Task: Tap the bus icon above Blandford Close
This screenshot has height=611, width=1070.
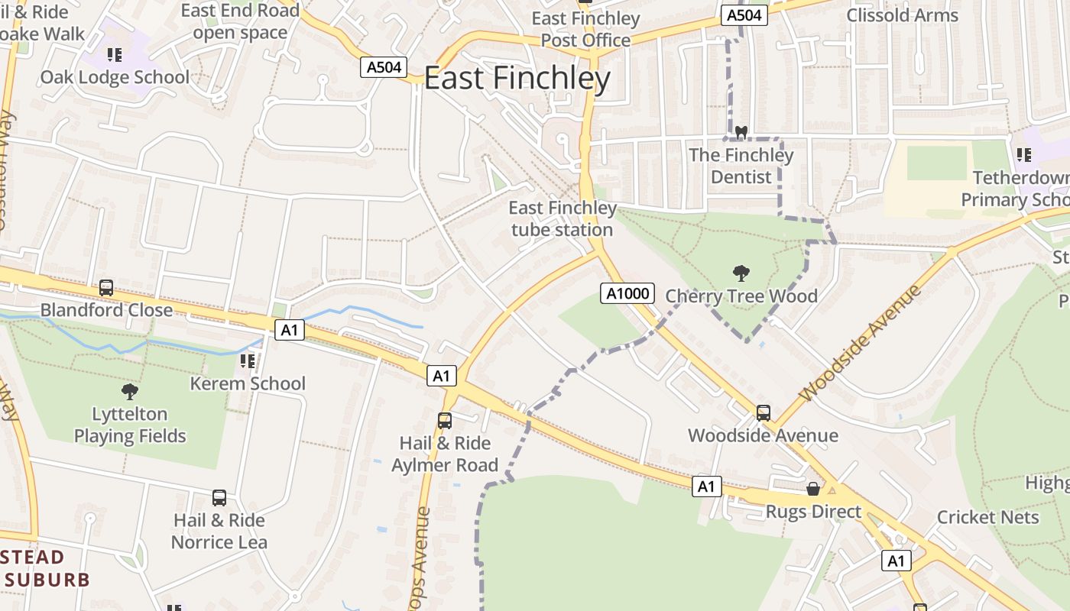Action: coord(106,288)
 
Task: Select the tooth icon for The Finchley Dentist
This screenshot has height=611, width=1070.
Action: coord(740,132)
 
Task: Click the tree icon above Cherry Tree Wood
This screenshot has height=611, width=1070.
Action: coord(741,273)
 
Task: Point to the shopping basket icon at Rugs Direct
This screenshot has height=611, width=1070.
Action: coord(813,489)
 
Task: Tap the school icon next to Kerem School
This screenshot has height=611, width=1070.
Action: coord(247,360)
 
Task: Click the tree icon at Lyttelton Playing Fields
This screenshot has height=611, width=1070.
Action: coord(130,392)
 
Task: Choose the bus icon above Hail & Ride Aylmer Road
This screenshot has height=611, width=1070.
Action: coord(445,420)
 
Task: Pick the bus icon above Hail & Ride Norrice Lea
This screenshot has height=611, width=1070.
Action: coord(219,498)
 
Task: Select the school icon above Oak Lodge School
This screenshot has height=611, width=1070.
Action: coord(115,55)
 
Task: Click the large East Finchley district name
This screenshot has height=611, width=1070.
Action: coord(517,79)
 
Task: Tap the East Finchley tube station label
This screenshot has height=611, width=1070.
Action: coord(563,218)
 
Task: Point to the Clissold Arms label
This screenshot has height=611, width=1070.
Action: coord(902,15)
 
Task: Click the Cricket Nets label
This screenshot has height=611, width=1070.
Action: coord(987,517)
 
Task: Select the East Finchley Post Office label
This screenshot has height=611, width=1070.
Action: coord(586,29)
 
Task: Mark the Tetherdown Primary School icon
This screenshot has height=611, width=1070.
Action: coord(1024,155)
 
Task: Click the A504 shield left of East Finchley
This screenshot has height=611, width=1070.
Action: coord(384,67)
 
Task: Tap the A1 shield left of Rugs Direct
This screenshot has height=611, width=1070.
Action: coord(707,487)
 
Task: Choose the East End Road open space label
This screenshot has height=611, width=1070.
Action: coord(240,21)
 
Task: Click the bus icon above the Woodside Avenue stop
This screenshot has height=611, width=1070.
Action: coord(763,413)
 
